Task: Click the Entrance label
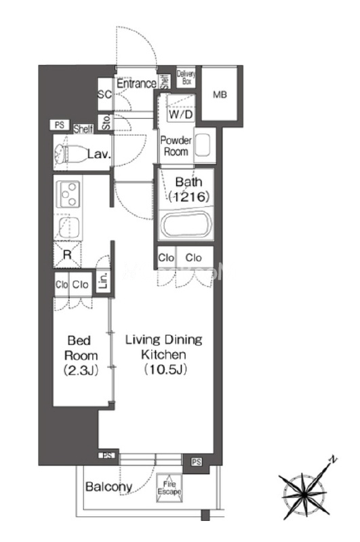[x=136, y=83]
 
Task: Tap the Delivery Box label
[x=186, y=77]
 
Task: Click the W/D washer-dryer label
[x=180, y=115]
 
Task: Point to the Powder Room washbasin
[x=203, y=146]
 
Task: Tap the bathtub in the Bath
[x=187, y=225]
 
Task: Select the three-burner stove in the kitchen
[x=68, y=194]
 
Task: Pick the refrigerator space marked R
[x=67, y=255]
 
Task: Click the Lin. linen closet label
[x=103, y=281]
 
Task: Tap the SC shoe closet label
[x=104, y=94]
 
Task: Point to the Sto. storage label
[x=106, y=122]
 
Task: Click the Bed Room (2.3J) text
[x=81, y=355]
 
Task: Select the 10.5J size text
[x=165, y=370]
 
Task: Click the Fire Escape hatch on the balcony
[x=169, y=488]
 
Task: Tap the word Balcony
[x=109, y=487]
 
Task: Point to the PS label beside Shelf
[x=60, y=125]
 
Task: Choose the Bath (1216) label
[x=189, y=189]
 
